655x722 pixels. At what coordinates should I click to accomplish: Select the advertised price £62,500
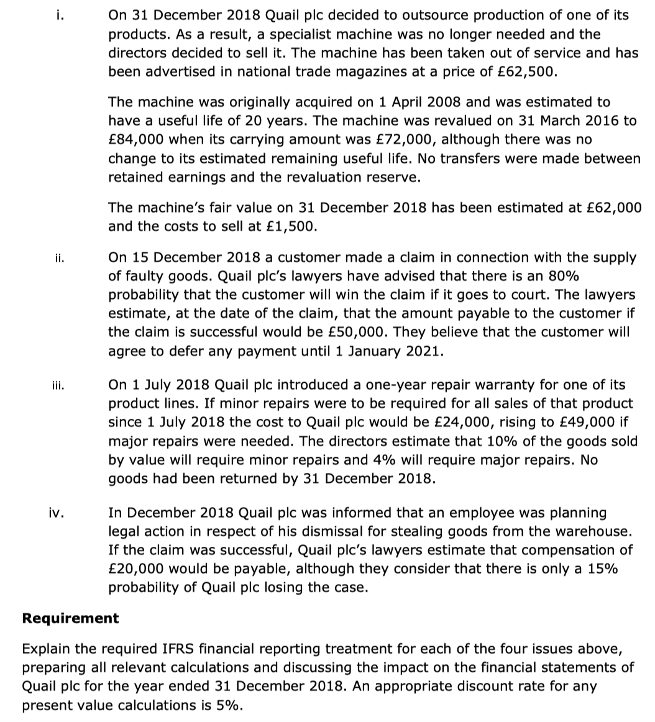tap(526, 71)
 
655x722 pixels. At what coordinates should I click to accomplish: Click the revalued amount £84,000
tap(134, 139)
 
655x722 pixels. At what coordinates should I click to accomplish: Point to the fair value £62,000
tap(616, 208)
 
